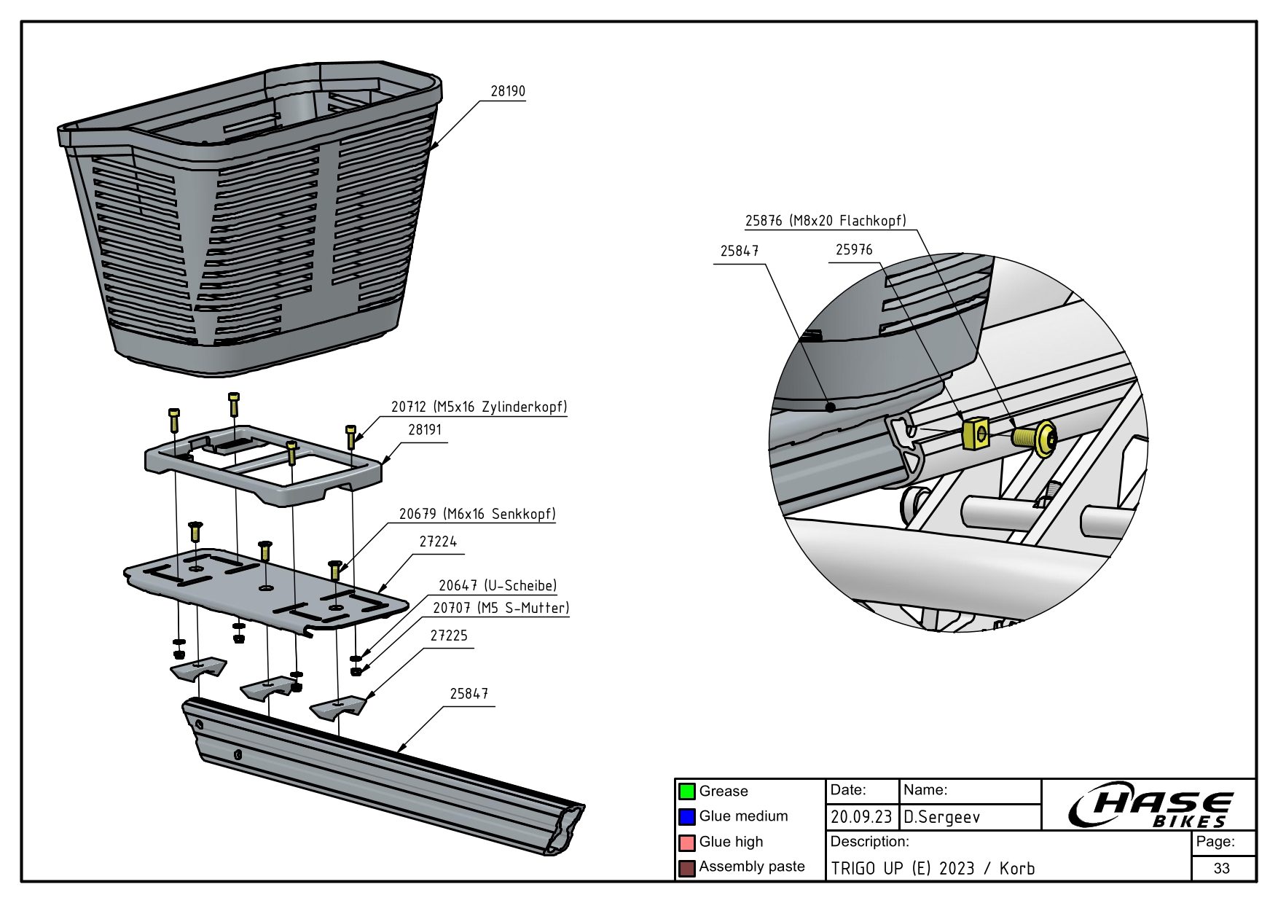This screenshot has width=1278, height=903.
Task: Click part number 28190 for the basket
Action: [x=507, y=92]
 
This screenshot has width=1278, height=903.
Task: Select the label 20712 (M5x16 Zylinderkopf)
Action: [x=479, y=407]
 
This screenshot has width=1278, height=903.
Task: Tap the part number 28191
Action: [x=425, y=430]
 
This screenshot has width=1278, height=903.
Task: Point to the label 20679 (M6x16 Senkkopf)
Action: [x=477, y=514]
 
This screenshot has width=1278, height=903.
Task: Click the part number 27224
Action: [x=438, y=542]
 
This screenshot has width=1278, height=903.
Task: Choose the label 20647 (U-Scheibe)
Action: [x=498, y=586]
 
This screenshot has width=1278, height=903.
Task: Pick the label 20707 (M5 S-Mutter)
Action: [x=501, y=608]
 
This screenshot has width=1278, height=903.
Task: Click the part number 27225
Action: [x=449, y=636]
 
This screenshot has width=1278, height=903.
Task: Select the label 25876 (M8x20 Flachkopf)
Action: [x=825, y=221]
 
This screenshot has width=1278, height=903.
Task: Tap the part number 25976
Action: [x=853, y=250]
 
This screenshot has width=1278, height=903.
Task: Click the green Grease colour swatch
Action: [x=687, y=791]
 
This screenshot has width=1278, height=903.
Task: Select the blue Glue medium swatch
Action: [x=687, y=817]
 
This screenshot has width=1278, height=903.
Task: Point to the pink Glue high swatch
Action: [x=687, y=843]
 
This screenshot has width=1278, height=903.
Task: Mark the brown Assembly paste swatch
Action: [x=687, y=868]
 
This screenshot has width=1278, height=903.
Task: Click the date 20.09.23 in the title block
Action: [x=861, y=818]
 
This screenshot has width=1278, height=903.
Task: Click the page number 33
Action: [x=1222, y=868]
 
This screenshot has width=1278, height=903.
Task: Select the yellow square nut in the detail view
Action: [x=975, y=434]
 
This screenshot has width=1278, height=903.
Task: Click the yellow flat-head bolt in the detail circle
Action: [x=1035, y=438]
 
